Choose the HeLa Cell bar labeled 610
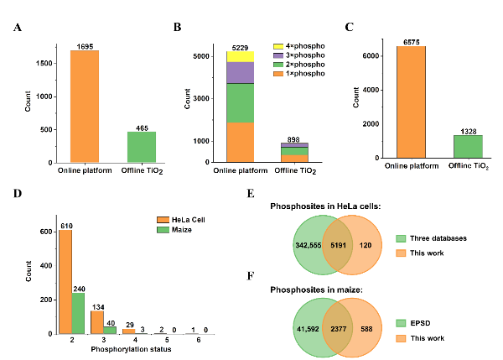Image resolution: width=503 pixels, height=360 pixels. pyautogui.click(x=65, y=276)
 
